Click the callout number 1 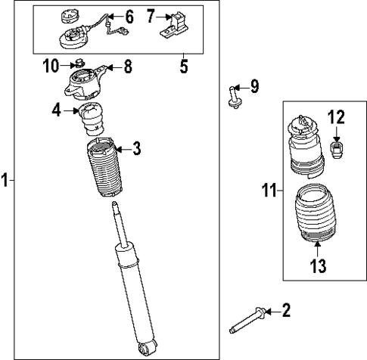click(x=5, y=180)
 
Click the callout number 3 click(x=136, y=149)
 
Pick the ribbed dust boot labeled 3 click(x=100, y=170)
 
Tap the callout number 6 click(x=128, y=16)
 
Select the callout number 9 click(x=253, y=87)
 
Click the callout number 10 click(x=51, y=67)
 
